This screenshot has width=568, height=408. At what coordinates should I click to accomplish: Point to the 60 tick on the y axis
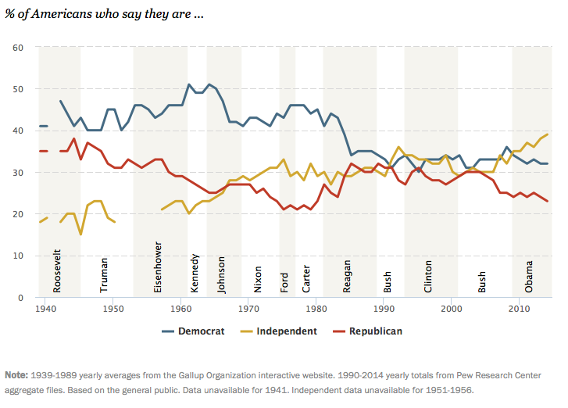click(x=18, y=48)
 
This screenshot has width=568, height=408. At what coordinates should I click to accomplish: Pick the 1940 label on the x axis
click(x=45, y=310)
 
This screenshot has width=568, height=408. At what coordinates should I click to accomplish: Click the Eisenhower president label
click(x=158, y=269)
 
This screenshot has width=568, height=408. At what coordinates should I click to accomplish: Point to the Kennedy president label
click(x=195, y=273)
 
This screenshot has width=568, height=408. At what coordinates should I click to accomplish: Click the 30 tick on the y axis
click(x=18, y=173)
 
